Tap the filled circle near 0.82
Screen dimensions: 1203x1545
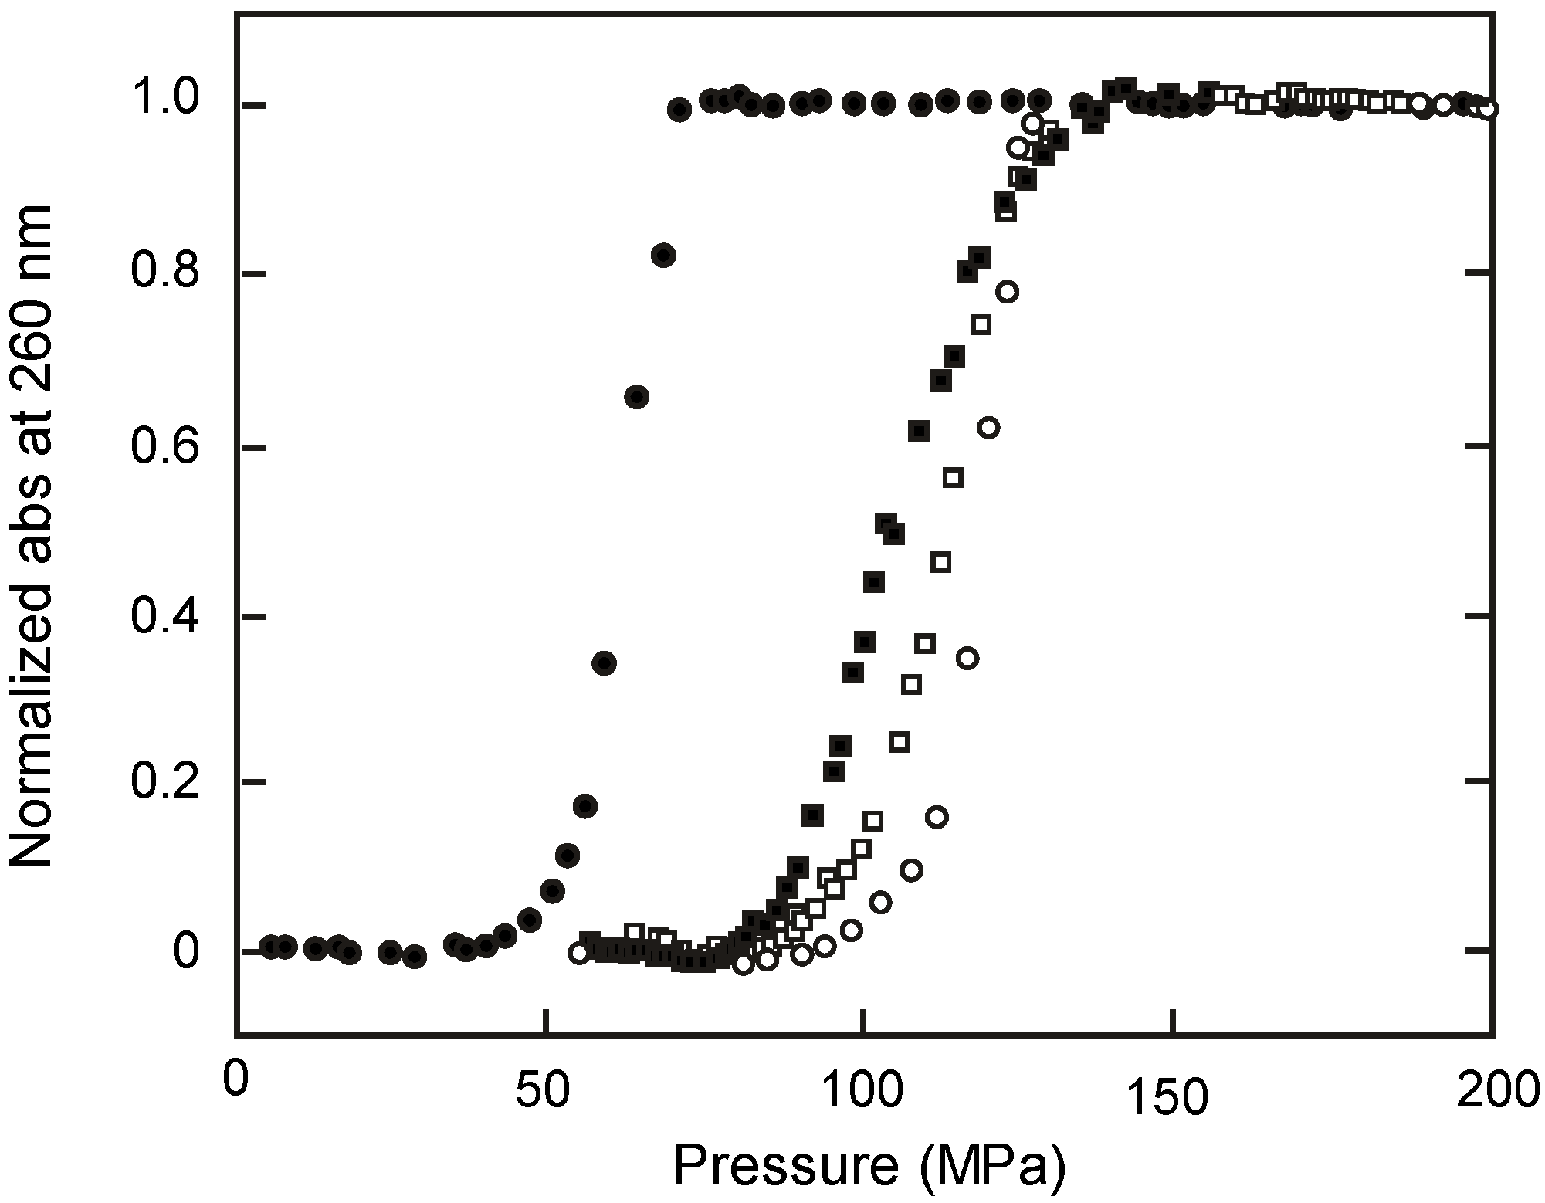(663, 256)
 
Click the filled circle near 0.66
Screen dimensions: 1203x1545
(636, 397)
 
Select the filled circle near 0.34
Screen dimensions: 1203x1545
(605, 662)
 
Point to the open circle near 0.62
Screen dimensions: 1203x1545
(988, 428)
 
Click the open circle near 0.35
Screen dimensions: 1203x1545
(967, 658)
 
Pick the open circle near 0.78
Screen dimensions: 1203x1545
(1007, 292)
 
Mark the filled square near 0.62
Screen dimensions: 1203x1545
(919, 432)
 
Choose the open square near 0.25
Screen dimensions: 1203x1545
(900, 742)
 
